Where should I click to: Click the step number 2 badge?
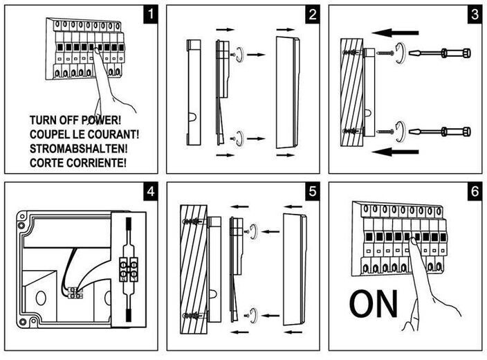pos(312,15)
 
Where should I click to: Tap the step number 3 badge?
pos(474,15)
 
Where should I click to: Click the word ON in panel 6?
pos(374,303)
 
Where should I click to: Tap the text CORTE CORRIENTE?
pos(78,164)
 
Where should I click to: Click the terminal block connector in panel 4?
pos(128,267)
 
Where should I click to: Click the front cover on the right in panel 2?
pos(287,92)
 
